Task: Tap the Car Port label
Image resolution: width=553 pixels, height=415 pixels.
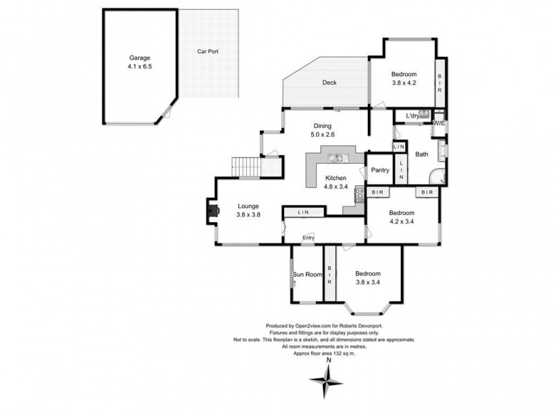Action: tap(208, 51)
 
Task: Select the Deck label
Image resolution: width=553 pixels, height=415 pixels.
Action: tap(329, 83)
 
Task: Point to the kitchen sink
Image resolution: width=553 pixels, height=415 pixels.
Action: tap(337, 158)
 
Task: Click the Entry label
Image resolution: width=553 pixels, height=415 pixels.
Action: tap(308, 239)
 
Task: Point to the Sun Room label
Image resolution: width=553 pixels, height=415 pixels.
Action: tap(308, 275)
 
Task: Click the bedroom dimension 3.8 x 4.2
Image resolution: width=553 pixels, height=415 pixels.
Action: tap(404, 83)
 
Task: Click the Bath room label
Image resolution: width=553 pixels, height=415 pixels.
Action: tap(422, 156)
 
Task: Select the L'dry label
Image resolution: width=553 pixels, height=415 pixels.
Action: tap(413, 116)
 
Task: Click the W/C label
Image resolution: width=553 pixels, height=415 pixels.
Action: tap(438, 123)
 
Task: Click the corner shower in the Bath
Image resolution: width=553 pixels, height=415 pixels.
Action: tap(438, 177)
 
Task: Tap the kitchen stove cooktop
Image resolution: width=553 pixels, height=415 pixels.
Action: tap(359, 195)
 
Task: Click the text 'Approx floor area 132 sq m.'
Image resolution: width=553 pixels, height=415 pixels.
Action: tap(324, 353)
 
